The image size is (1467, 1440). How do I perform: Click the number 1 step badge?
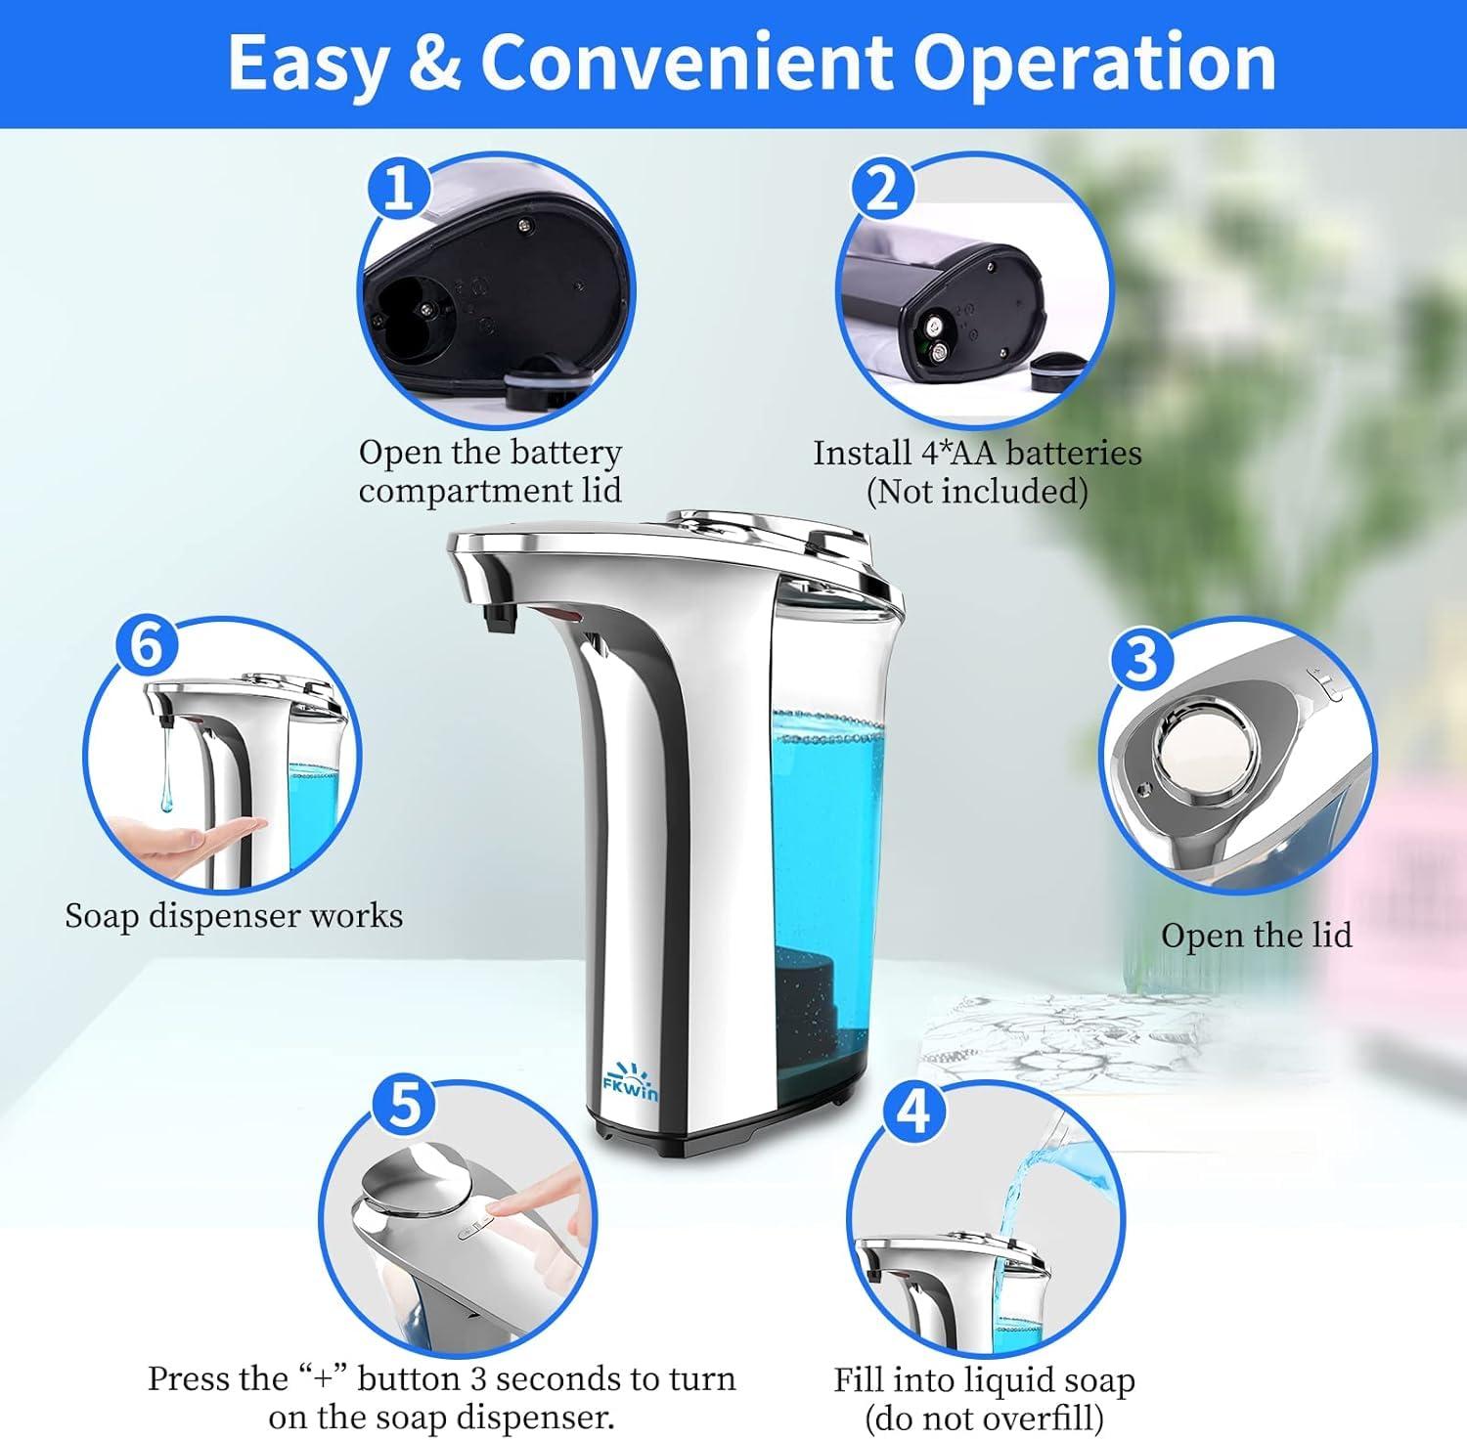(398, 188)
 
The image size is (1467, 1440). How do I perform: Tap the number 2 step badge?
(881, 188)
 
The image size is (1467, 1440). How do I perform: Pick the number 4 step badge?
(913, 1112)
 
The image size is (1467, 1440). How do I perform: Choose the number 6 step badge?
(147, 646)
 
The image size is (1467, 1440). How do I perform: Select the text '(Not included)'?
(976, 491)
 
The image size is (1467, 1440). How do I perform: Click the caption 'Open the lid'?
(1256, 936)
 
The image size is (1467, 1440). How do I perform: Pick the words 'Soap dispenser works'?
(234, 916)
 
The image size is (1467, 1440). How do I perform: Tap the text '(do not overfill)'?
(983, 1416)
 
